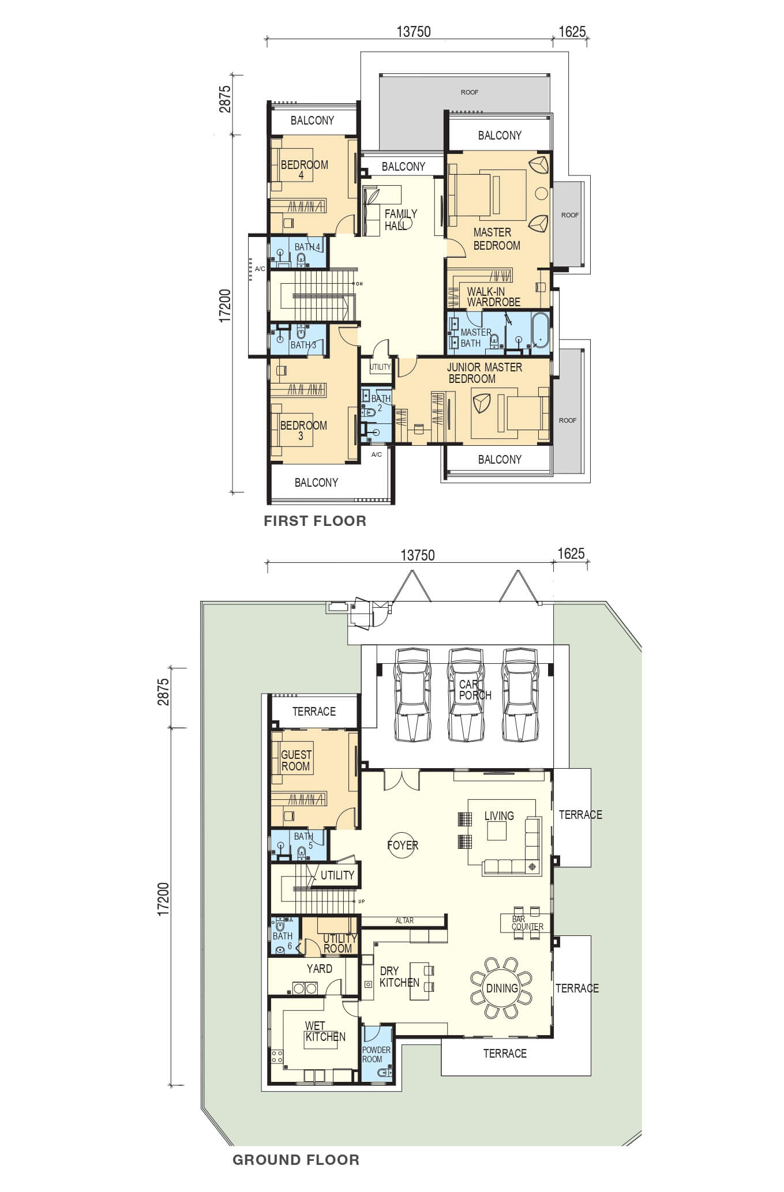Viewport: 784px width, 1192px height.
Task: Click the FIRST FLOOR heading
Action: (x=315, y=521)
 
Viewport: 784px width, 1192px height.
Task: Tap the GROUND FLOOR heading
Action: (x=296, y=1160)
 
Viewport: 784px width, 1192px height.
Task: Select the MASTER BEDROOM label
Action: (x=496, y=239)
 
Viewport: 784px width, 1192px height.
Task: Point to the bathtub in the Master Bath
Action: (x=541, y=330)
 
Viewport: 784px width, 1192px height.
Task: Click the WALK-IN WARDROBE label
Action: (x=493, y=296)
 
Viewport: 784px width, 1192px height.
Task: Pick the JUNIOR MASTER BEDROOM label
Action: (x=484, y=373)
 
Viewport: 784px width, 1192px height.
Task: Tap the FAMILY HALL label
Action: (x=400, y=220)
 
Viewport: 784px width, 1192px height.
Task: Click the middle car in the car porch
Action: (x=467, y=694)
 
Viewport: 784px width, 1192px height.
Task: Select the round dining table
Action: (x=501, y=988)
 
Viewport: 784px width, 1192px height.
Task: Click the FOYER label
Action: (x=403, y=845)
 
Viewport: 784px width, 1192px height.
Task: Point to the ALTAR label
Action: (x=404, y=920)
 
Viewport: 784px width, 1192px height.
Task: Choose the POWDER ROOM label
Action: (x=376, y=1054)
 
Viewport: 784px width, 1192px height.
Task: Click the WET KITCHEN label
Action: (x=325, y=1031)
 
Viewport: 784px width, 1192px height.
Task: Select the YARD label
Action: (x=319, y=968)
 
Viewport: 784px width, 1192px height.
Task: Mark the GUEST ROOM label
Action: (x=296, y=760)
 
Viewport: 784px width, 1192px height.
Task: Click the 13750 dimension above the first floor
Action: (x=414, y=32)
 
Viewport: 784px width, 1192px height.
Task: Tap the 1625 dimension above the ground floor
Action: (x=571, y=554)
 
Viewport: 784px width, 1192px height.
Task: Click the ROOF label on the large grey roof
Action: (x=470, y=92)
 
